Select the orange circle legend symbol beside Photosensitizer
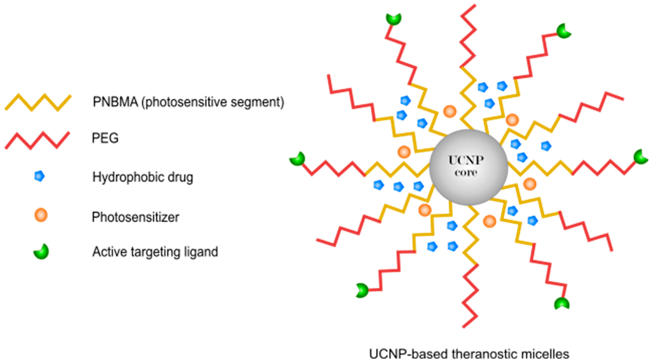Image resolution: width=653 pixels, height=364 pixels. point(41,215)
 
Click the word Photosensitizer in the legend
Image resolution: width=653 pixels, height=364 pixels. point(135,217)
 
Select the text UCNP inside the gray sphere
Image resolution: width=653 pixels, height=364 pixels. point(466,160)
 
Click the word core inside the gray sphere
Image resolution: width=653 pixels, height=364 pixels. point(466,173)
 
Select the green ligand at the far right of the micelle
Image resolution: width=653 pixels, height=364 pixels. point(641,157)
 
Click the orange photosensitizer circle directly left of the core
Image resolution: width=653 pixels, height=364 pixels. point(404,152)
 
